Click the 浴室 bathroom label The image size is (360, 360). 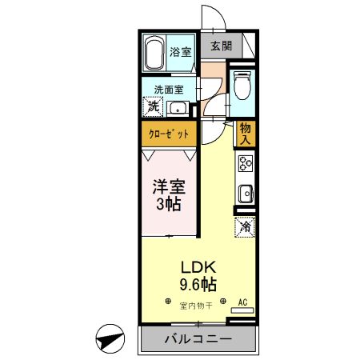tap(181, 52)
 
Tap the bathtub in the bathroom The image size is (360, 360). tap(155, 53)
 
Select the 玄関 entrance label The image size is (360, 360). tap(222, 46)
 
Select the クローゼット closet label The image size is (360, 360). tap(169, 134)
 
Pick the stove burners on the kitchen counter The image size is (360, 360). tap(244, 164)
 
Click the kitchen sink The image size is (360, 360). tap(245, 194)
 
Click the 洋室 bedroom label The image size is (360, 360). tap(169, 189)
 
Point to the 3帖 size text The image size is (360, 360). tap(169, 206)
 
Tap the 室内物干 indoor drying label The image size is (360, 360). tap(196, 305)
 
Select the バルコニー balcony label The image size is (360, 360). tap(198, 339)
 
